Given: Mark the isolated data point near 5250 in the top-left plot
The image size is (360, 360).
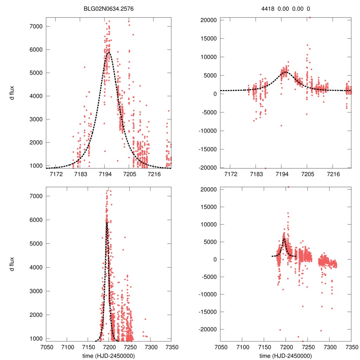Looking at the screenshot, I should [85, 67].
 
